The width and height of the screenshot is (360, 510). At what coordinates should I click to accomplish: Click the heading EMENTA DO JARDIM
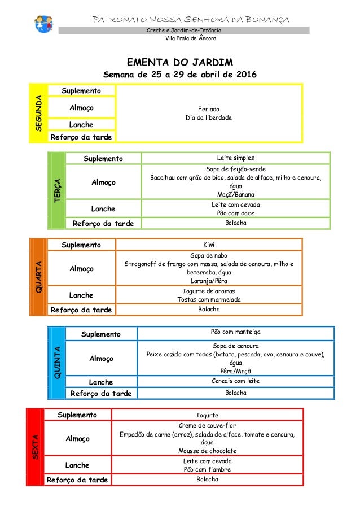[x=180, y=61]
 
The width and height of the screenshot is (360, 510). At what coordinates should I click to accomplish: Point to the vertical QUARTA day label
[x=38, y=277]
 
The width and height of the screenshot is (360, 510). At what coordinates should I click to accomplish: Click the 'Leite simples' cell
[x=235, y=158]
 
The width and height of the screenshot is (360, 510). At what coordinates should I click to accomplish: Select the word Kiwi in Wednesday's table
[x=209, y=245]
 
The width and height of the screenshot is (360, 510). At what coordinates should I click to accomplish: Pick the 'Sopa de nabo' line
[x=209, y=255]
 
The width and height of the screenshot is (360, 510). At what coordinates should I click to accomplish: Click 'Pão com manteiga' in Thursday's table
[x=236, y=332]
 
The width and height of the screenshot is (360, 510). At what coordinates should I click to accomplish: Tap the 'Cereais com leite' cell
[x=236, y=381]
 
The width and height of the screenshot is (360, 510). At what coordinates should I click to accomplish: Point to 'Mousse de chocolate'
[x=207, y=451]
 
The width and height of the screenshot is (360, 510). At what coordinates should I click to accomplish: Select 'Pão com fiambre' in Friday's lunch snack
[x=207, y=469]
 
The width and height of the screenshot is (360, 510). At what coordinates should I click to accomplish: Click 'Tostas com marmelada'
[x=209, y=299]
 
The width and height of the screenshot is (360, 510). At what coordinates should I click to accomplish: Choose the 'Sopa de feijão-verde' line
[x=235, y=169]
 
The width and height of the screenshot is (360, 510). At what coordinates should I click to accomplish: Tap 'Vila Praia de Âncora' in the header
[x=189, y=38]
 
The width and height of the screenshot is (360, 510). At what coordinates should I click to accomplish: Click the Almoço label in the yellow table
[x=81, y=107]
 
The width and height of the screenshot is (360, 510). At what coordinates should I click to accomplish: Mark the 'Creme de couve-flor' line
[x=207, y=425]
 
